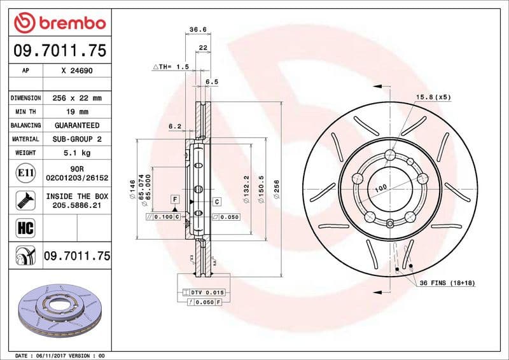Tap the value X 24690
77,71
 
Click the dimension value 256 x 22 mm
77,98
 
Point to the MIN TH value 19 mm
77,112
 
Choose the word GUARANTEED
77,125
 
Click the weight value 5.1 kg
77,153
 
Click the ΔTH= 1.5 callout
171,66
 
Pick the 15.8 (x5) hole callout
433,97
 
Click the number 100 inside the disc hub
380,189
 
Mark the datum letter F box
174,200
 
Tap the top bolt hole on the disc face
389,153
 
